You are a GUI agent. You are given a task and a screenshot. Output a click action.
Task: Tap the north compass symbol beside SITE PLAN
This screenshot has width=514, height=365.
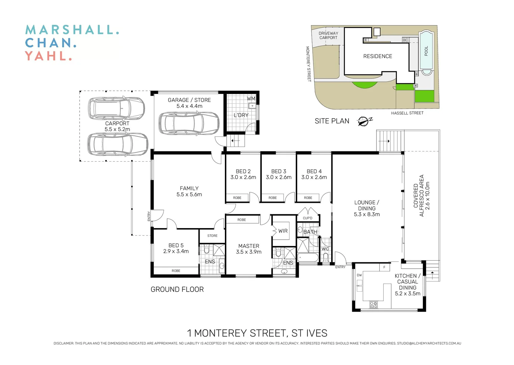click(x=364, y=121)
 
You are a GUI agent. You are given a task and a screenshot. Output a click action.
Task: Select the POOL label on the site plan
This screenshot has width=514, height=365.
click(x=426, y=51)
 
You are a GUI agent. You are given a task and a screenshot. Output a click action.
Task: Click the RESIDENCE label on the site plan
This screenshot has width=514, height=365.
click(x=378, y=56)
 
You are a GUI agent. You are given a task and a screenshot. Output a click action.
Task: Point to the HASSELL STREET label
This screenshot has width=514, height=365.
click(x=407, y=113)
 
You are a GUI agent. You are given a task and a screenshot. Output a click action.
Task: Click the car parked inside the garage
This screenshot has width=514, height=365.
click(x=189, y=123)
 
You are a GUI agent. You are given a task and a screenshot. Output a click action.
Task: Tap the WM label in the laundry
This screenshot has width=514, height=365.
click(x=251, y=99)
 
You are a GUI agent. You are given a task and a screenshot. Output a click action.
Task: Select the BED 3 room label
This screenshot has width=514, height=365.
click(x=279, y=171)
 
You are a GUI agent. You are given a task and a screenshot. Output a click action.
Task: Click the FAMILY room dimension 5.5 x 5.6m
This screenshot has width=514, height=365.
click(x=189, y=194)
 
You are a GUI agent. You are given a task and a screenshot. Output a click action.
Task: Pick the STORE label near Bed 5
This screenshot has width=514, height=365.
click(x=212, y=236)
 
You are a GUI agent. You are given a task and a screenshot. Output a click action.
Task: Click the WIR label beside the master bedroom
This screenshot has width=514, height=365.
click(x=283, y=231)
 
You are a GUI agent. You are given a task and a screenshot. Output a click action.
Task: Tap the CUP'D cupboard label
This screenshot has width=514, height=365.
click(x=308, y=218)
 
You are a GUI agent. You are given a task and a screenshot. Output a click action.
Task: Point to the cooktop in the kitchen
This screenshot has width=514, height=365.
click(x=373, y=305)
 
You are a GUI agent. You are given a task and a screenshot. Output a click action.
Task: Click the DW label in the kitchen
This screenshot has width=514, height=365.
click(x=359, y=275)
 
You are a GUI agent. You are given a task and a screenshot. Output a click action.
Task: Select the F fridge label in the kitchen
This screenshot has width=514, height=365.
click(x=384, y=267)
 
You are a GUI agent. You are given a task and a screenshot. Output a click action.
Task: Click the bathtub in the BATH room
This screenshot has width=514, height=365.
click(x=307, y=258)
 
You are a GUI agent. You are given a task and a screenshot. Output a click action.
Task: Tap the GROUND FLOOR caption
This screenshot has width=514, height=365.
click(x=177, y=290)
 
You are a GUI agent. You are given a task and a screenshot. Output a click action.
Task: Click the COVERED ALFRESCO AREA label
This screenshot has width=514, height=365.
click(x=419, y=196)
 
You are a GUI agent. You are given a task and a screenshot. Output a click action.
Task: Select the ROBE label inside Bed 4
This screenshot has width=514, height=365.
click(x=308, y=198)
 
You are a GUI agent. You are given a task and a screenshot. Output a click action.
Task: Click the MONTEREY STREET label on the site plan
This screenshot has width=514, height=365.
click(x=308, y=64)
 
